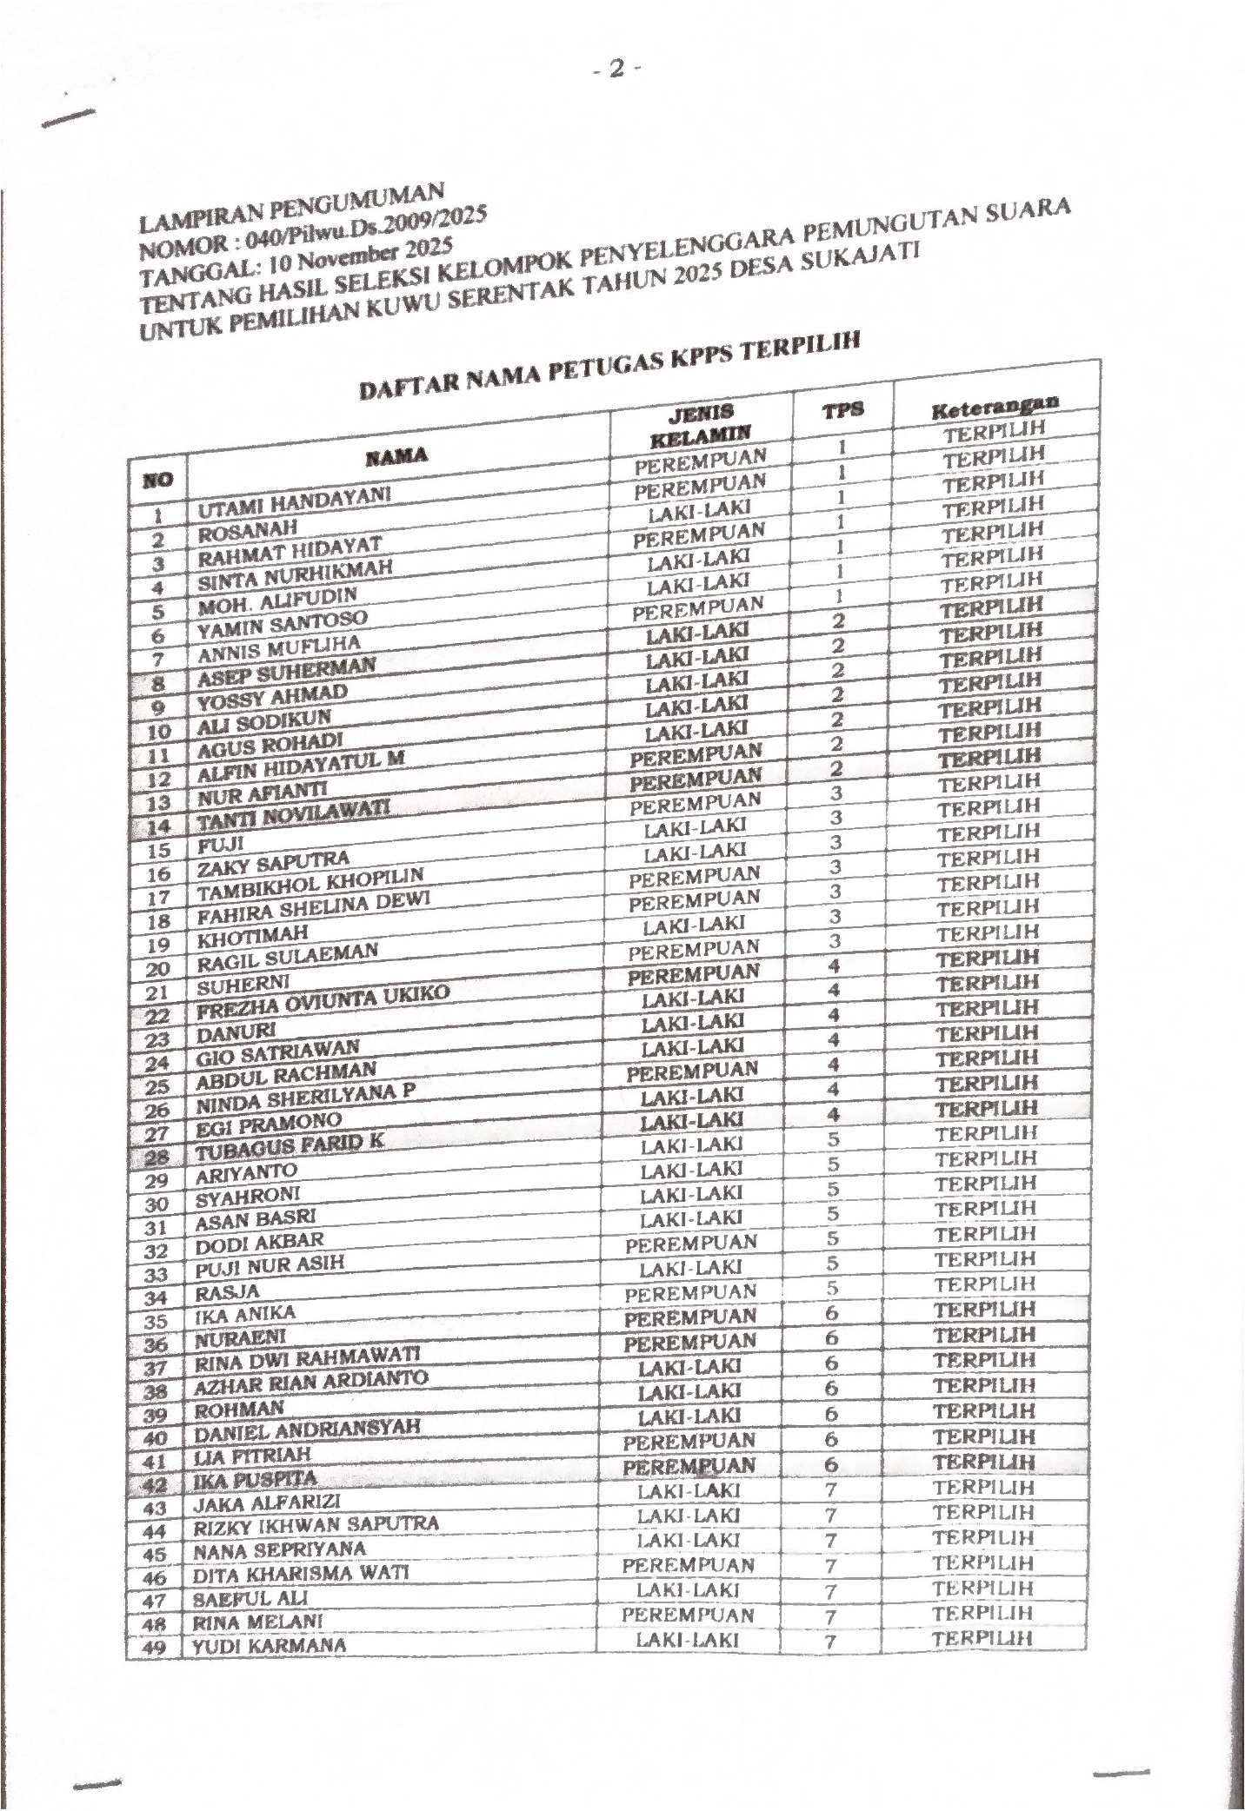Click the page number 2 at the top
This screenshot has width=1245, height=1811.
[616, 69]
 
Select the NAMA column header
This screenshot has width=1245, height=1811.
[396, 456]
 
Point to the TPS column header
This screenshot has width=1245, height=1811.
[843, 410]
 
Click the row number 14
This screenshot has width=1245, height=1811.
[158, 825]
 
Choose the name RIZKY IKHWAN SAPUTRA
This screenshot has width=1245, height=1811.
[315, 1525]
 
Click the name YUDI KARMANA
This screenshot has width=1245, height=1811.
[269, 1646]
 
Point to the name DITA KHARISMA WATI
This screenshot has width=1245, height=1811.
[300, 1574]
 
